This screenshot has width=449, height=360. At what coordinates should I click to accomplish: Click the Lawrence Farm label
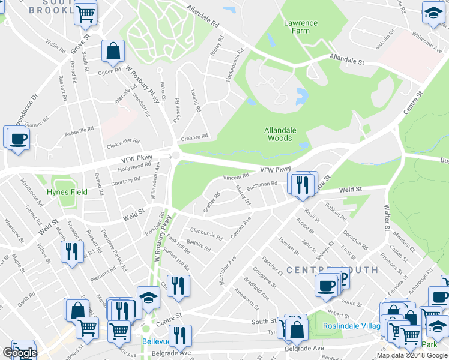click(300, 27)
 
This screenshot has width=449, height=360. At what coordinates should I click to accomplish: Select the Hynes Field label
click(67, 192)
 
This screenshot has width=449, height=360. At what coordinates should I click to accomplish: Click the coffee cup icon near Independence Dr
click(16, 139)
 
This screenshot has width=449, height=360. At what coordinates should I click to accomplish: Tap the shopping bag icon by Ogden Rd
click(112, 52)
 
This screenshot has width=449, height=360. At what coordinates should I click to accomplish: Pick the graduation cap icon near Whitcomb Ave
click(432, 14)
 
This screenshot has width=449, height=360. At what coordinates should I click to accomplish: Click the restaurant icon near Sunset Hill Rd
click(178, 286)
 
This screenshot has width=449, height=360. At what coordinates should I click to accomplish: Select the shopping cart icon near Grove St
click(86, 13)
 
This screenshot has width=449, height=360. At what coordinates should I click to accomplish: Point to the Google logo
click(19, 353)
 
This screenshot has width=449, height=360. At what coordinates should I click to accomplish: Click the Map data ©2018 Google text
click(412, 355)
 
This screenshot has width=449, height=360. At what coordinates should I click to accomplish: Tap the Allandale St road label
click(346, 59)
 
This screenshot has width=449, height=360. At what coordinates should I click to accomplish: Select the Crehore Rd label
click(194, 136)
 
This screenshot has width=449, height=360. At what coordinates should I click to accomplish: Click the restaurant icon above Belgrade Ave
click(179, 336)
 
